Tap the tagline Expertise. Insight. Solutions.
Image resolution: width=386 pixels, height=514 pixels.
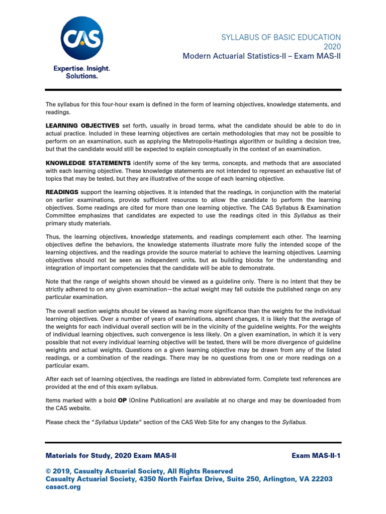click(x=81, y=72)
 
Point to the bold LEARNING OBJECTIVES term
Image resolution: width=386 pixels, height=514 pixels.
click(x=82, y=125)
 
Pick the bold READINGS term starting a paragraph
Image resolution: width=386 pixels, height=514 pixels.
click(x=62, y=192)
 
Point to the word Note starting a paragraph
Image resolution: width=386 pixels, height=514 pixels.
click(x=52, y=282)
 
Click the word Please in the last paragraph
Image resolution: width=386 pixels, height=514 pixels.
click(x=55, y=422)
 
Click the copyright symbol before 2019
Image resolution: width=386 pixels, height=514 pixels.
click(x=48, y=471)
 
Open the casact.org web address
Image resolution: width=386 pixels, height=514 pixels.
click(x=63, y=487)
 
